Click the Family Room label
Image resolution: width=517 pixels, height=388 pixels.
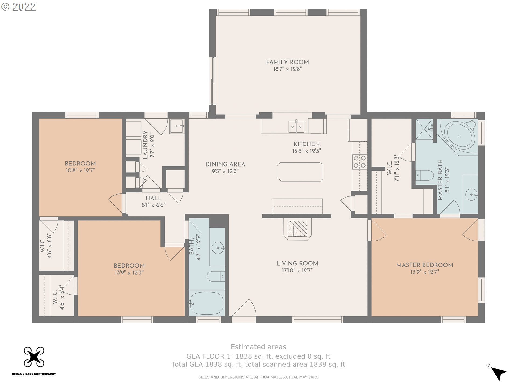pos(287,62)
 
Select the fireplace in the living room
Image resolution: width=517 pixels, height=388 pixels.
pos(297,229)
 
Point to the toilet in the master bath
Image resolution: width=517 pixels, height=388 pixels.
pos(424,176)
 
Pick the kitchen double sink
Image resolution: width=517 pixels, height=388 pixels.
pos(296,127)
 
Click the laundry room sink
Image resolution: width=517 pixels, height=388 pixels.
pos(177,126)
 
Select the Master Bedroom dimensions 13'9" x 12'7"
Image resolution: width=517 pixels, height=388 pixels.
pos(425,272)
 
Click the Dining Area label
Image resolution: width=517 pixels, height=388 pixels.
pos(225,164)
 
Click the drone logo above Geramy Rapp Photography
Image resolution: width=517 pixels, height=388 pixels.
pos(34,357)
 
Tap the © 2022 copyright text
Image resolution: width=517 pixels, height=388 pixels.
pos(19,7)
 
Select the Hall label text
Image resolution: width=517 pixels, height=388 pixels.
pos(153,198)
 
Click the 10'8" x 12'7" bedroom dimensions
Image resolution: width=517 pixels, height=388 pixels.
pos(80,171)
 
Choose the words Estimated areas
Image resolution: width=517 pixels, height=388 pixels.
pos(258,347)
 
